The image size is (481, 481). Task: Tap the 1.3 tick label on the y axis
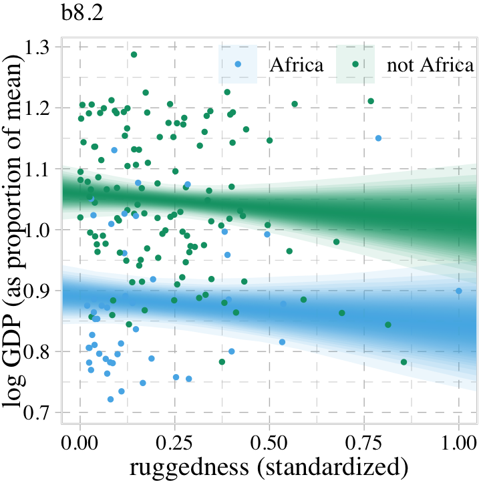click(41, 47)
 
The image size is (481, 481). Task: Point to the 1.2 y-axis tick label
click(41, 108)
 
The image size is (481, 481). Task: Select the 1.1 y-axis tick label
click(41, 168)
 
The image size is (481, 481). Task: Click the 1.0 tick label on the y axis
click(41, 229)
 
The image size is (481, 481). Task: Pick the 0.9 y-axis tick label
click(41, 290)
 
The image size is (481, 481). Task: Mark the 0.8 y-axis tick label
click(41, 351)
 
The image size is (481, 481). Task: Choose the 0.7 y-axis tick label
click(41, 412)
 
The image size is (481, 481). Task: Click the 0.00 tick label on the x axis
click(80, 442)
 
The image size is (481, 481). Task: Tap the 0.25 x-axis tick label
click(175, 442)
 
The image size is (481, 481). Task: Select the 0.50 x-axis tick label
click(270, 442)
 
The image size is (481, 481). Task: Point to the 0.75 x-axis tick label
click(365, 442)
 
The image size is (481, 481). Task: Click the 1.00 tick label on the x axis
click(459, 442)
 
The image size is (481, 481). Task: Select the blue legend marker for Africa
click(238, 64)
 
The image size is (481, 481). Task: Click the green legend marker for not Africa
click(355, 64)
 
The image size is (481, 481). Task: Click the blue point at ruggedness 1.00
click(459, 291)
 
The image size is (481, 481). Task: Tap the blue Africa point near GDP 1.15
click(378, 138)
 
